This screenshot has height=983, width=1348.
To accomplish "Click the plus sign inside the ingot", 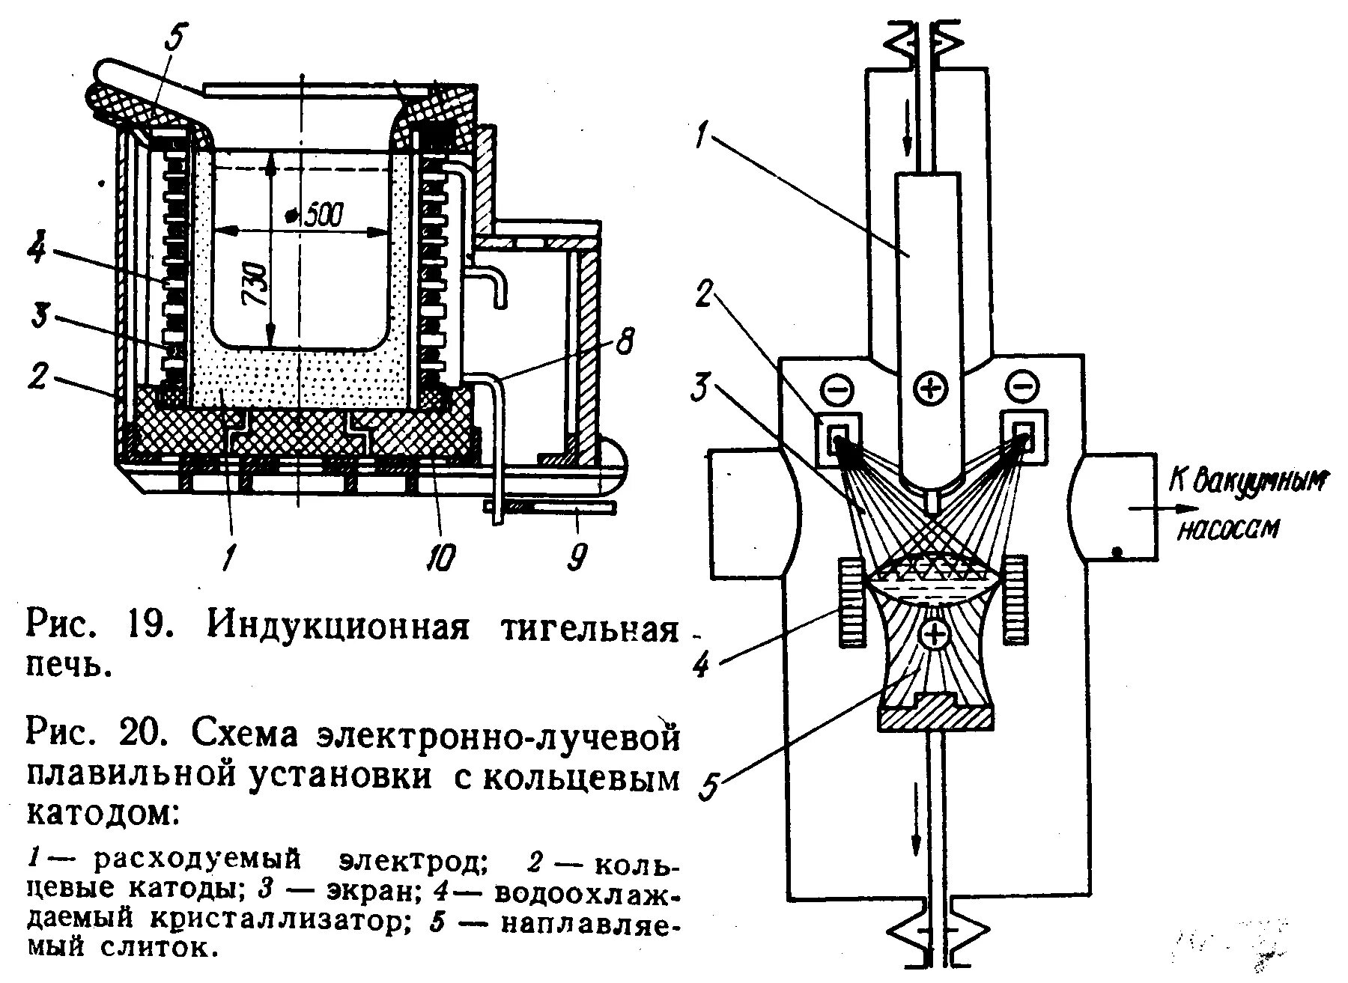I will pos(934,636).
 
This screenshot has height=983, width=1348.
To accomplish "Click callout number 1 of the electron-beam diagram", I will pos(702,140).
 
